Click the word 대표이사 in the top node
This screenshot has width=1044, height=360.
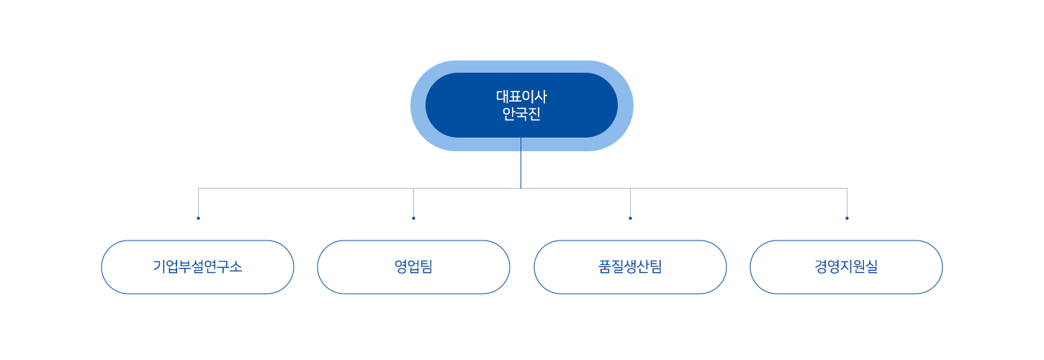pyautogui.click(x=521, y=96)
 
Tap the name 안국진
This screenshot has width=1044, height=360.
pyautogui.click(x=521, y=114)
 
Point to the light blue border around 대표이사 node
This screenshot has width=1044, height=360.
pyautogui.click(x=521, y=66)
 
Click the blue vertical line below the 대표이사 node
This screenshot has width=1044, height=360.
pyautogui.click(x=521, y=163)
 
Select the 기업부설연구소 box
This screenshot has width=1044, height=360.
pyautogui.click(x=197, y=267)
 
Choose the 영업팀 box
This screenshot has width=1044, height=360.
pyautogui.click(x=413, y=267)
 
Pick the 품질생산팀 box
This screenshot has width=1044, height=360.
pyautogui.click(x=630, y=267)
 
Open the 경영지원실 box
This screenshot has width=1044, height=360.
pyautogui.click(x=847, y=267)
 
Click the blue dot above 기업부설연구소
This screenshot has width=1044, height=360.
pyautogui.click(x=198, y=218)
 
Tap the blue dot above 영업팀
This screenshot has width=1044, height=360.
pyautogui.click(x=413, y=218)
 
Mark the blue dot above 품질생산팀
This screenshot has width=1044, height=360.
pyautogui.click(x=630, y=218)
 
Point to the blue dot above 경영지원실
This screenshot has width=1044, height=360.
pyautogui.click(x=847, y=218)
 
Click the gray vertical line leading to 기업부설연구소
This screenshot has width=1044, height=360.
pyautogui.click(x=198, y=202)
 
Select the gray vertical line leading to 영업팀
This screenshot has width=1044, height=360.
pyautogui.click(x=413, y=202)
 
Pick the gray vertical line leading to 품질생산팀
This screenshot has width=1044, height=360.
pyautogui.click(x=630, y=202)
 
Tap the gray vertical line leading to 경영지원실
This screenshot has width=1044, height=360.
pyautogui.click(x=847, y=202)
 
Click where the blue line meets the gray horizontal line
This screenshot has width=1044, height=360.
pyautogui.click(x=521, y=189)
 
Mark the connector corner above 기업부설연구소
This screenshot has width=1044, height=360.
pyautogui.click(x=198, y=189)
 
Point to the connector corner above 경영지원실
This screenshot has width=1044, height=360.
pyautogui.click(x=847, y=189)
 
